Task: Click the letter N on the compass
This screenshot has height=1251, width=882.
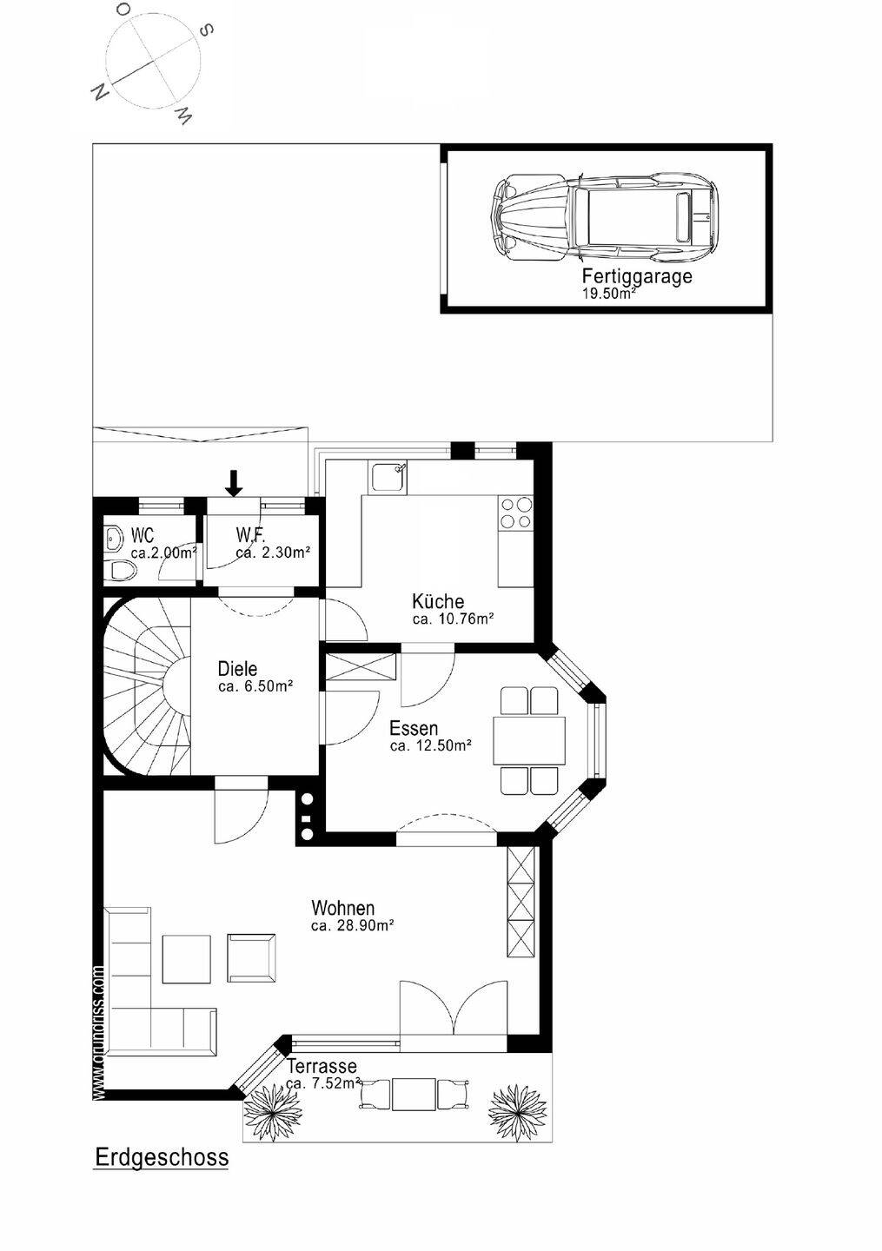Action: point(101,91)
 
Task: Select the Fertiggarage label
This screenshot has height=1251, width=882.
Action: point(637,276)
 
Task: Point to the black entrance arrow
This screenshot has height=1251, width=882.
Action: point(235,483)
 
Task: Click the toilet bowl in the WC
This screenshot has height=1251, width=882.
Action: point(123,570)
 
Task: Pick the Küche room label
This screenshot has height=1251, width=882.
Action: point(438,601)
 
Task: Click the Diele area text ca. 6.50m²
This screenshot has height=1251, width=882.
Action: point(255,686)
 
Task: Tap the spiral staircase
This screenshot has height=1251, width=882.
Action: point(146,687)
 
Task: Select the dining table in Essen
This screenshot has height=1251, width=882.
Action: point(529,740)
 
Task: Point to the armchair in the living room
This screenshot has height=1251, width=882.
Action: point(251,957)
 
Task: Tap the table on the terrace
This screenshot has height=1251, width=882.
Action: point(414,1095)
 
